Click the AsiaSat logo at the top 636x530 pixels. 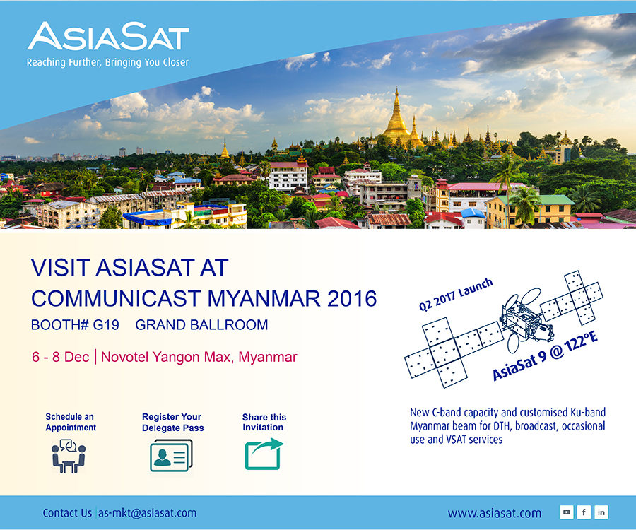[108, 36]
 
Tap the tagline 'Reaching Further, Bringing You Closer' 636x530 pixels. [107, 62]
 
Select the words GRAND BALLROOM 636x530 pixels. [201, 325]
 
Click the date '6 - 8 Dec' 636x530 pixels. [61, 357]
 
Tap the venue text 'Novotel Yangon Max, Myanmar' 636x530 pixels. [199, 358]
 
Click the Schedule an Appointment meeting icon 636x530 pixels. [69, 457]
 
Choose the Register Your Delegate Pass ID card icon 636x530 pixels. [171, 455]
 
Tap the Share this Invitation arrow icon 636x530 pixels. [264, 454]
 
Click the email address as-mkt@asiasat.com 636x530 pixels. [147, 513]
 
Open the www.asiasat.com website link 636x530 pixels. [495, 513]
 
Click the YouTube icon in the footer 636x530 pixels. [566, 512]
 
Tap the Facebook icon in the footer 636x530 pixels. [584, 512]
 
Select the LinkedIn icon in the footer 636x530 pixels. [601, 512]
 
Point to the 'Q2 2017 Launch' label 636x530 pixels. [456, 295]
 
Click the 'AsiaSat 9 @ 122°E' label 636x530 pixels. [545, 356]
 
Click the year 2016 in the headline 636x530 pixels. [352, 299]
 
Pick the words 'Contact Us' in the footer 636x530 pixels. [67, 513]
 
